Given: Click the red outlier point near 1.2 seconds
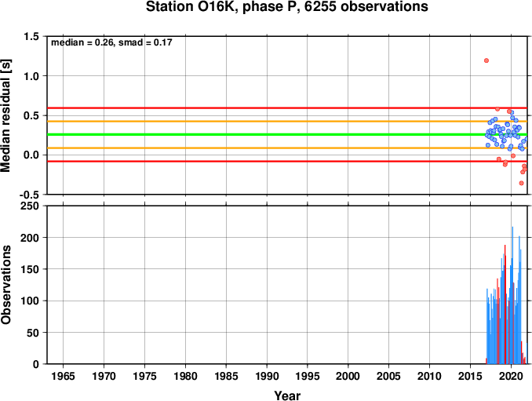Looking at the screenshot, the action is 486,60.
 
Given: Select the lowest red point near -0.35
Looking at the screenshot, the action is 522,183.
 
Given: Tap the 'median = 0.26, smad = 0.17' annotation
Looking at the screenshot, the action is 111,42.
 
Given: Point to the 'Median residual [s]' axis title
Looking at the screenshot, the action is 5,115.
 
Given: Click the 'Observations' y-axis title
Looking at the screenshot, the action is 5,285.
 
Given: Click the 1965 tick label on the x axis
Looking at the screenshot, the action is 63,376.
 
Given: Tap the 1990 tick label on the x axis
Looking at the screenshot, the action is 267,376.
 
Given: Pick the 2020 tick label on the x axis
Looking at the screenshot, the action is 511,376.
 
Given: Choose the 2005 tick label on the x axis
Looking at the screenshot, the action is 389,376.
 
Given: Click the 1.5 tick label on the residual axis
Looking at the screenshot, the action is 31,36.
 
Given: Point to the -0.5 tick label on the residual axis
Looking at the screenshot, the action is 29,195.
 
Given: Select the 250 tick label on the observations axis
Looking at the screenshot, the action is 30,206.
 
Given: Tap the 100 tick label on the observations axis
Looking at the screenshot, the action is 30,301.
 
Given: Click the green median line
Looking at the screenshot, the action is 287,135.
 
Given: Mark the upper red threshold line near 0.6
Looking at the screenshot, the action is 287,108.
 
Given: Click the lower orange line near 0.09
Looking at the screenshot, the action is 287,148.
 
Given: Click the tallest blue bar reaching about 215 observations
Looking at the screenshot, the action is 512,295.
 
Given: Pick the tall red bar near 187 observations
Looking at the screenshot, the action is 505,304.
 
